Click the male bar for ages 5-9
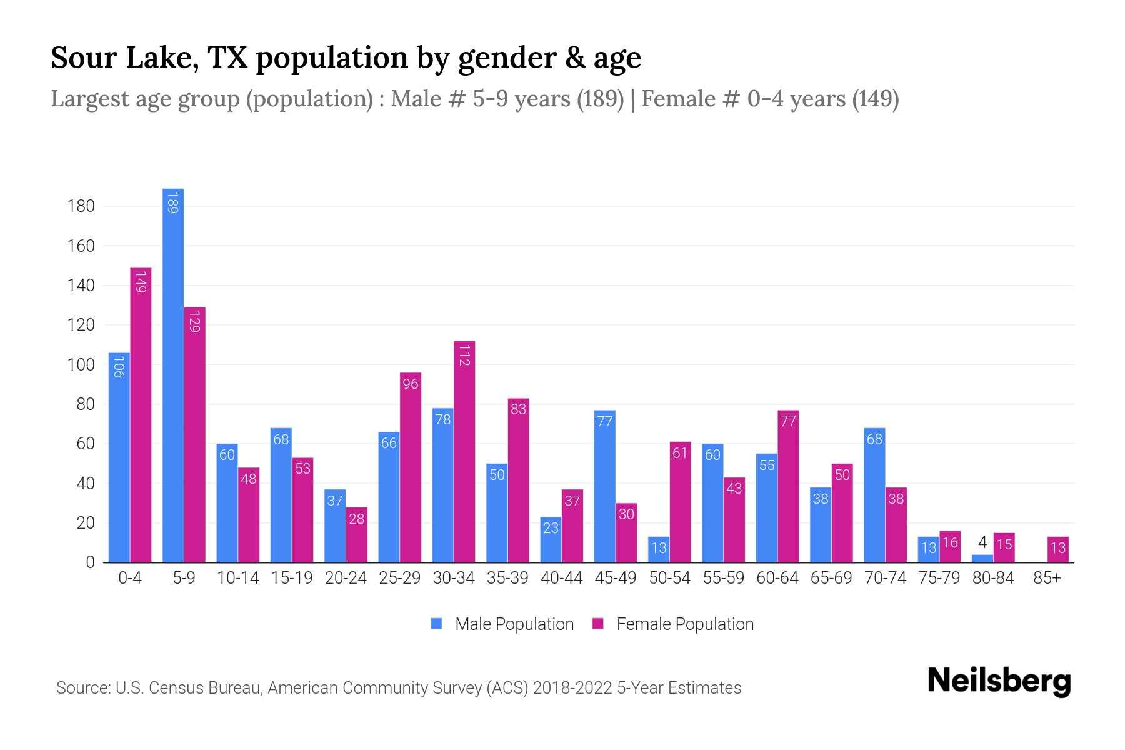173,375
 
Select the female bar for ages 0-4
141,416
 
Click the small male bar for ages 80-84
982,558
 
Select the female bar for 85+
1058,549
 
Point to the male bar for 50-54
659,549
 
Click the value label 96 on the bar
411,384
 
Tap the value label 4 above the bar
982,542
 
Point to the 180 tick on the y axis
81,206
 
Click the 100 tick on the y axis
81,365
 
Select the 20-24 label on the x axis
346,578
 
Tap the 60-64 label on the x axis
777,578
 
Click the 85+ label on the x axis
1047,578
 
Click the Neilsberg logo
999,681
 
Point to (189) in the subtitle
600,99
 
